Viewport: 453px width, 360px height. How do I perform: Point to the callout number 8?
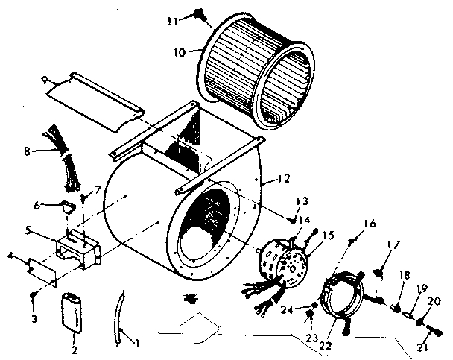[x=27, y=151]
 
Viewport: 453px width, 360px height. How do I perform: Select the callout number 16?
[x=370, y=223]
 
